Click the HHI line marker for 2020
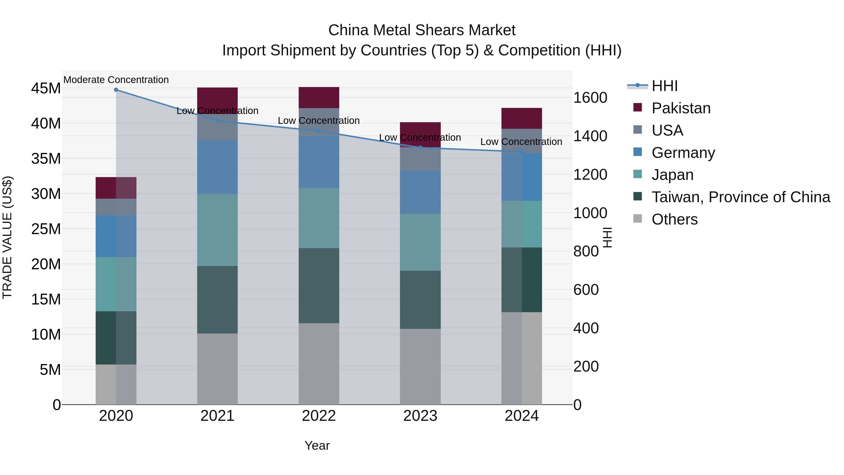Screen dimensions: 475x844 point(116,90)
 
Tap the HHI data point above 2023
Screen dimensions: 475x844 point(420,148)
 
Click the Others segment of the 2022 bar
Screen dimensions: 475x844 point(319,364)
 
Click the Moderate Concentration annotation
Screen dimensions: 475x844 point(116,80)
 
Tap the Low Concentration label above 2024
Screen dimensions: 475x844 point(521,142)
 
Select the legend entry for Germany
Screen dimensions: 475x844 point(683,153)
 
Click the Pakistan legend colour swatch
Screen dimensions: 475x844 point(638,107)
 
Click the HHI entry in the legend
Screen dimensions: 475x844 point(664,86)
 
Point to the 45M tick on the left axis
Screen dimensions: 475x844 point(46,88)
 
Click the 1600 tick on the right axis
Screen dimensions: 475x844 point(590,98)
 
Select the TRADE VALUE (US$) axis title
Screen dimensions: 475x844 point(7,237)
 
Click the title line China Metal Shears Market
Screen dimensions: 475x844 point(422,30)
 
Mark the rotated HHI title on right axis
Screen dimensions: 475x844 point(607,237)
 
